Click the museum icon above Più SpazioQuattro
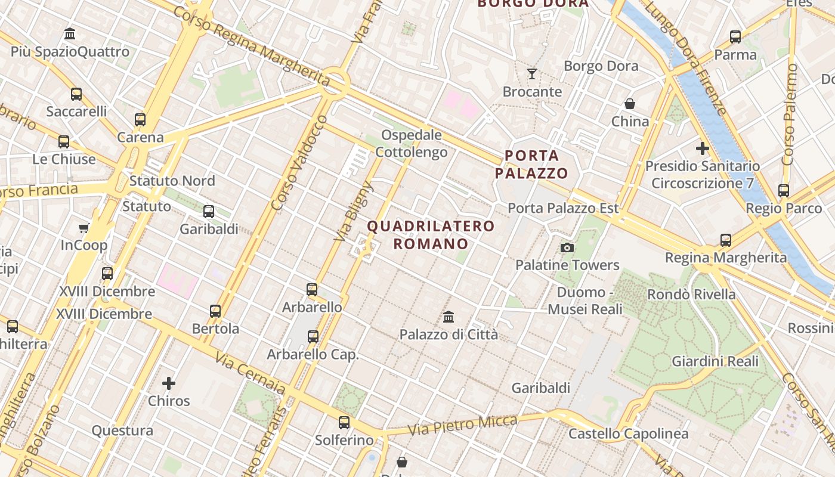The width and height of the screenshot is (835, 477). [x=70, y=33]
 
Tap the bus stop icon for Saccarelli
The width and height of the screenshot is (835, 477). [x=76, y=94]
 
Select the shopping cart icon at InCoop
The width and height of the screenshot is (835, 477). [x=83, y=228]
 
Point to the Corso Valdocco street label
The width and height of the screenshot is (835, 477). [x=299, y=163]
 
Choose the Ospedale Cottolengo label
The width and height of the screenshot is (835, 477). [x=412, y=144]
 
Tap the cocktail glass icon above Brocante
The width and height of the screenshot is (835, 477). [x=532, y=74]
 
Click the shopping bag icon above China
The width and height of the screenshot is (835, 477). [x=630, y=104]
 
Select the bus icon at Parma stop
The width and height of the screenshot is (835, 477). [x=735, y=37]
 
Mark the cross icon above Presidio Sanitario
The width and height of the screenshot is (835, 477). [x=703, y=148]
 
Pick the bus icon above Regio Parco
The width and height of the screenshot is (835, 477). [x=784, y=191]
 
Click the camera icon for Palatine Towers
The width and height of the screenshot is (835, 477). [x=567, y=247]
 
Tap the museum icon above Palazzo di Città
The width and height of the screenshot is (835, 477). [x=449, y=317]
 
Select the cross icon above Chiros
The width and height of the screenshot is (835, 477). [x=169, y=383]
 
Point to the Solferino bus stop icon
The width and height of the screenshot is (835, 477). [x=344, y=423]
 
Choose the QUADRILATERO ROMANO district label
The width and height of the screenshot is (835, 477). [x=431, y=235]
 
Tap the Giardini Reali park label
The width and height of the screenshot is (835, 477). [x=715, y=361]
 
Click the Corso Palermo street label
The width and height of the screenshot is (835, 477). [x=790, y=114]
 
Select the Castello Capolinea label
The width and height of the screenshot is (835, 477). [x=628, y=434]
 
